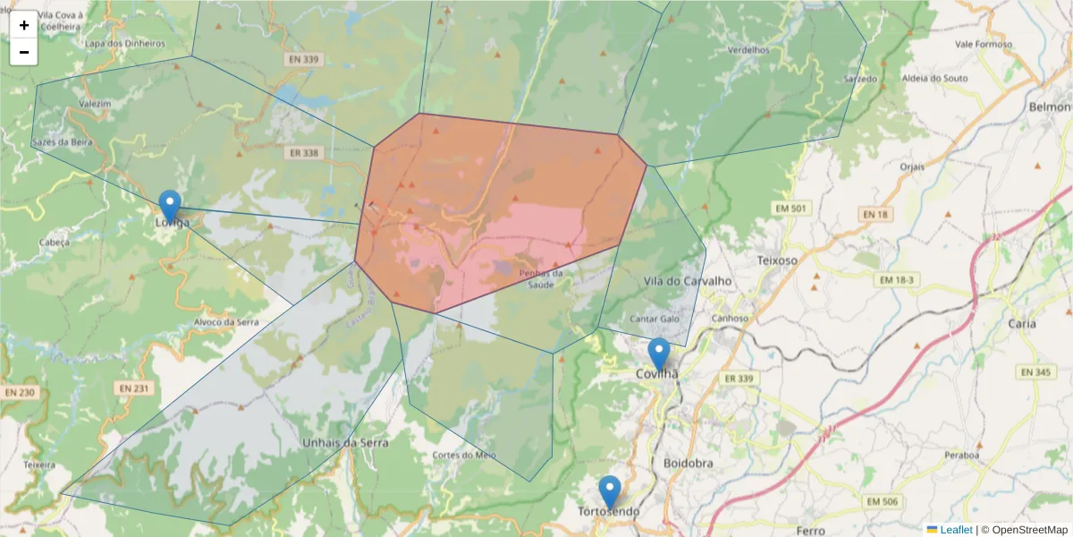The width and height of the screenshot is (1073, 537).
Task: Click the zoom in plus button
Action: [24, 25]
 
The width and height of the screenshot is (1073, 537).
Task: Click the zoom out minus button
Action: [24, 52]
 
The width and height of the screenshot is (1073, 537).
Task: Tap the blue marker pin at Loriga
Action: [169, 207]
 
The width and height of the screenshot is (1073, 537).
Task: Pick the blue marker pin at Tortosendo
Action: [610, 492]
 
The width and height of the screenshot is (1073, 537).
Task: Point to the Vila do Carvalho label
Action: [687, 281]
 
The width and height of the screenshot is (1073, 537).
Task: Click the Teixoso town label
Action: [776, 260]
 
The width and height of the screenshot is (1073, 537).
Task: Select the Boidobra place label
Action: [689, 463]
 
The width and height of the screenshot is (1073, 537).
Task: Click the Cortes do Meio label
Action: [463, 455]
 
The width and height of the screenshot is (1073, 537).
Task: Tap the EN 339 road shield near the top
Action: [304, 60]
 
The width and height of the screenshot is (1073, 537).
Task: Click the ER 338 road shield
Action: [304, 153]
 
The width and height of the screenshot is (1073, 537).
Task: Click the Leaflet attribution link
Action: [955, 530]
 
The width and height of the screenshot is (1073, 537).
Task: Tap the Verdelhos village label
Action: [748, 50]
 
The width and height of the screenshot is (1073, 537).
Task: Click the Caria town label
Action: [1021, 323]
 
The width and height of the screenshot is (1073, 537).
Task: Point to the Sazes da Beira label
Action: [62, 142]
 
